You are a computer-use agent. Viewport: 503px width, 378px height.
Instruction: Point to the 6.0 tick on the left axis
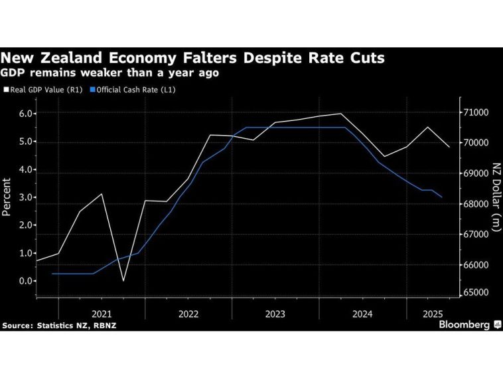coord(25,114)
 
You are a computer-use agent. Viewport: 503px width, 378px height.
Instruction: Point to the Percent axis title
coord(7,197)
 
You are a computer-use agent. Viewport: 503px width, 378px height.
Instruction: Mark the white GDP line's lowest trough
coord(123,281)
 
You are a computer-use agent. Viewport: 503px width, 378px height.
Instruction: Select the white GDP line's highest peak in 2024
coord(341,114)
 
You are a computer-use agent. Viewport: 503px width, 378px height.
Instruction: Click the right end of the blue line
coord(443,197)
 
